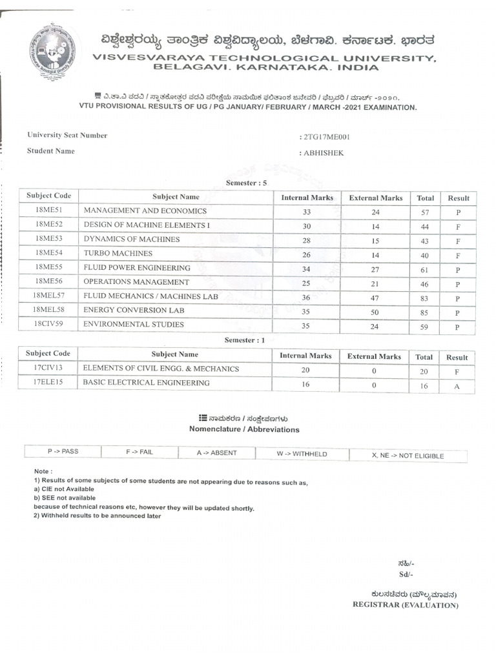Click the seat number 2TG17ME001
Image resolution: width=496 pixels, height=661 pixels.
click(x=327, y=137)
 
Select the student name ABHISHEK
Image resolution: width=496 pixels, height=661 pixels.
click(x=322, y=153)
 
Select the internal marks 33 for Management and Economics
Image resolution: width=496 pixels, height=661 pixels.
click(x=306, y=212)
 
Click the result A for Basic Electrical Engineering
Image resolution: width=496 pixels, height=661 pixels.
click(x=456, y=386)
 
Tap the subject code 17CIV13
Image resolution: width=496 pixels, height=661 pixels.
click(x=48, y=369)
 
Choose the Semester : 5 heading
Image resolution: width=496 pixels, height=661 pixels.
click(x=246, y=183)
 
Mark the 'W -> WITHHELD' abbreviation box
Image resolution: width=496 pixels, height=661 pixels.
click(x=302, y=454)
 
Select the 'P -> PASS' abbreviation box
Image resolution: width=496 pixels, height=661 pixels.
click(x=63, y=451)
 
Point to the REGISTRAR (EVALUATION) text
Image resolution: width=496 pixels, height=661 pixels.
click(x=405, y=605)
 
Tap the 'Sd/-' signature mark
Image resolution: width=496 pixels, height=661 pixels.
click(x=406, y=575)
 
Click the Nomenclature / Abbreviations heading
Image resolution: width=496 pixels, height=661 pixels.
click(x=244, y=429)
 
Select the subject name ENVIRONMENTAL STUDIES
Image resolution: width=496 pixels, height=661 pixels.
click(x=134, y=325)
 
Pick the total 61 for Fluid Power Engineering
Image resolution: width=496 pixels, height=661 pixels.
click(x=424, y=270)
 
